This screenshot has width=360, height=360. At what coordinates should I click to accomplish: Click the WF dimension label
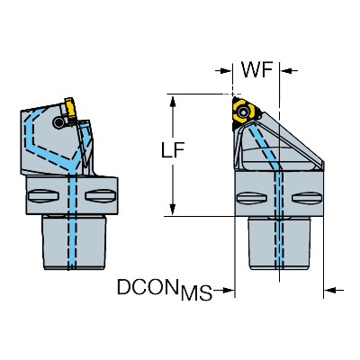point(257,70)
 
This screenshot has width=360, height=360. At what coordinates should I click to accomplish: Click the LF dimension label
point(173,149)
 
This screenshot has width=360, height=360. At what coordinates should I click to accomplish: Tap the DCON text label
point(148,287)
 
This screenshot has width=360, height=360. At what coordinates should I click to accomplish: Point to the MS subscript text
point(197,292)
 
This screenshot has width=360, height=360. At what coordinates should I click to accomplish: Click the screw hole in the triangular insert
point(243,112)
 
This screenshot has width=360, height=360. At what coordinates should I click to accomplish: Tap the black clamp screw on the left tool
point(58,121)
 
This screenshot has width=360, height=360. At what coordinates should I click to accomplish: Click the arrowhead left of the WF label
point(224,71)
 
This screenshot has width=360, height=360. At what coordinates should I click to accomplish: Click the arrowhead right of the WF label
point(289,71)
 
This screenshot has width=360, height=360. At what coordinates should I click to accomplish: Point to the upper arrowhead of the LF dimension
point(173,101)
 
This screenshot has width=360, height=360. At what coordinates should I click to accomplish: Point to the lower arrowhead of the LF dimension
point(173,209)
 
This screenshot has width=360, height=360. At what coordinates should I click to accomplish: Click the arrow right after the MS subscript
point(225,290)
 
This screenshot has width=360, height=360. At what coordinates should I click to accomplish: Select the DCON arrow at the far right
point(334,290)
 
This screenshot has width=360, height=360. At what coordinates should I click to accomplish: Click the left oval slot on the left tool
point(42,196)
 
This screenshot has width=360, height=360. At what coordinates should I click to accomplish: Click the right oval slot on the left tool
point(100,196)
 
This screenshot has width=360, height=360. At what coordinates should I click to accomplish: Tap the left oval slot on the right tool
point(252,198)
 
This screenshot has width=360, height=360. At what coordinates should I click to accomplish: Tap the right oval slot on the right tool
point(307,198)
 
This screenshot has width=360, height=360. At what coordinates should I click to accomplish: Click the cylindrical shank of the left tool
point(75,242)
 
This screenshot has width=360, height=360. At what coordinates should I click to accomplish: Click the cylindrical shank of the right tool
point(279,244)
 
